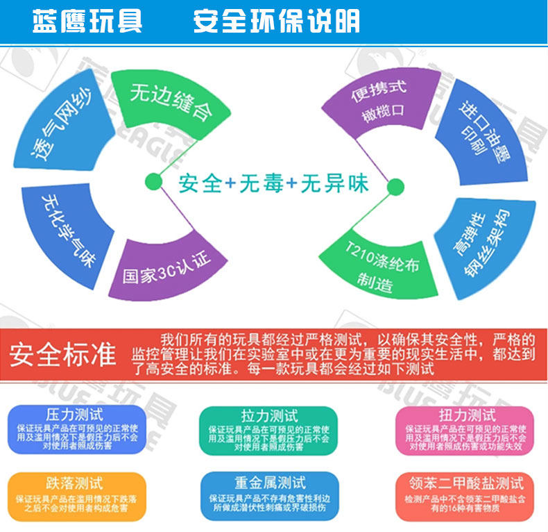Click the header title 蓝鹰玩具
(x=87, y=22)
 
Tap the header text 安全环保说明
(x=276, y=22)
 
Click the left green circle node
(x=154, y=182)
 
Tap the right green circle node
(x=395, y=186)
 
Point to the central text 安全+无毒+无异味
(x=273, y=184)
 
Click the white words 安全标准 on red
(x=62, y=354)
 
